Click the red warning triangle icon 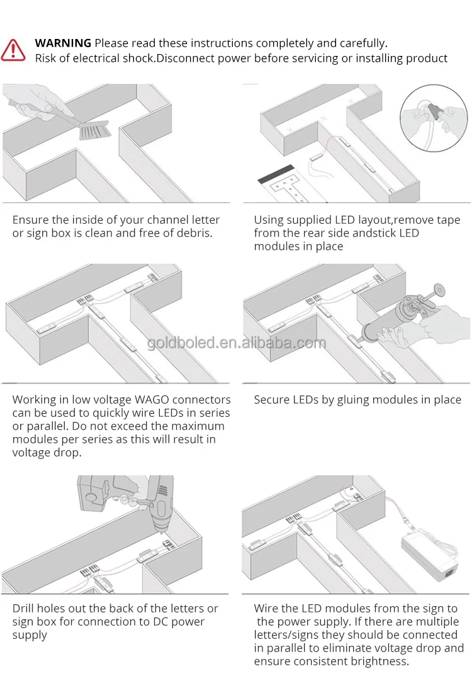pyautogui.click(x=13, y=50)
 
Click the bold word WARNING pyautogui.click(x=63, y=43)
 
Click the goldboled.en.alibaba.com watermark pyautogui.click(x=237, y=343)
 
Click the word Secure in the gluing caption pyautogui.click(x=272, y=400)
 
